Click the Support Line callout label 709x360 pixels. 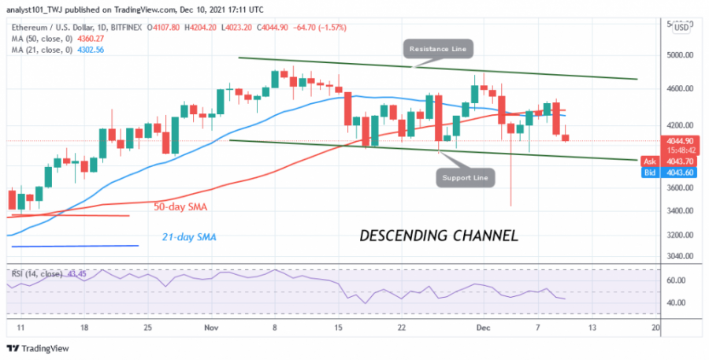click(x=466, y=178)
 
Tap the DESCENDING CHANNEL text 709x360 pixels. click(x=439, y=235)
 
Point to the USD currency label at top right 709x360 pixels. click(x=681, y=26)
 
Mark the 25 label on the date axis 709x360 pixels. click(x=147, y=326)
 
